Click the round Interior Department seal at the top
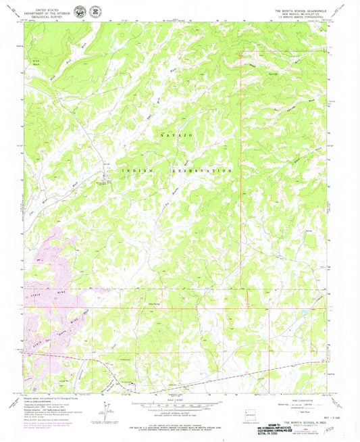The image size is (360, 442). tap(81, 11)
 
